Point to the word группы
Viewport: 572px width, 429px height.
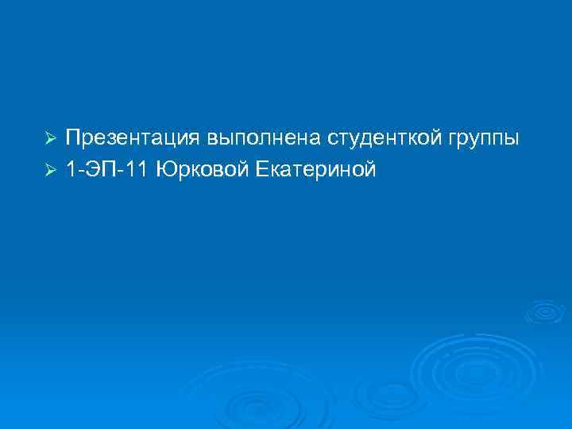click(x=481, y=140)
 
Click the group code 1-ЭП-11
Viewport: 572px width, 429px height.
click(x=107, y=169)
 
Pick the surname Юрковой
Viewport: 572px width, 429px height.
click(x=198, y=169)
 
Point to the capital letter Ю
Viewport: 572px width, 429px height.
click(x=165, y=169)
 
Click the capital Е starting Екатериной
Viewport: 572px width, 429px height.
click(x=261, y=169)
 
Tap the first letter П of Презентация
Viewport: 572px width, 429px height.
click(x=72, y=138)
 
